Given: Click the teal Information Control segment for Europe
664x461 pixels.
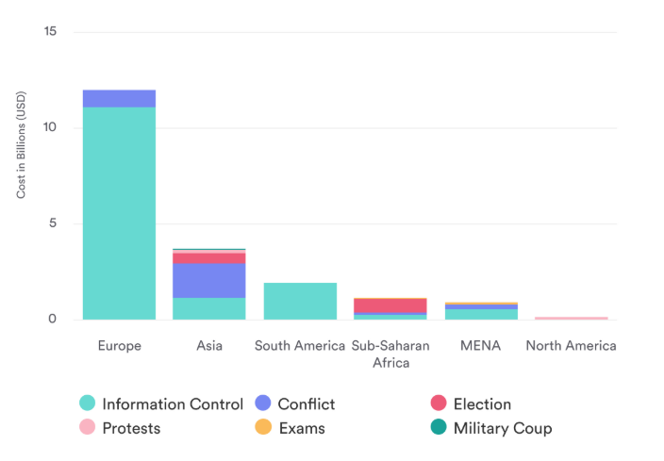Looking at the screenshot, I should click(x=119, y=212).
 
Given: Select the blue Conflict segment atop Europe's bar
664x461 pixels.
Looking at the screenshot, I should click(x=119, y=99).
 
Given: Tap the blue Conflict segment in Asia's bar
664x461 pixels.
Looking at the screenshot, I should click(x=209, y=280).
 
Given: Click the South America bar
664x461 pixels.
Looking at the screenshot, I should click(x=300, y=301).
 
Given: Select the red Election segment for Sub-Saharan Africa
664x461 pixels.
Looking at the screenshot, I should click(x=390, y=306).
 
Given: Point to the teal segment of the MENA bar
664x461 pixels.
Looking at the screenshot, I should click(x=481, y=314).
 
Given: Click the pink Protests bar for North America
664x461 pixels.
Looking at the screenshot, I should click(x=572, y=318).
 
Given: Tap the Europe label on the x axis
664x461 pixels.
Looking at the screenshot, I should click(x=119, y=346).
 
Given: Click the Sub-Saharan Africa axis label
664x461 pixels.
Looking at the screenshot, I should click(x=390, y=354).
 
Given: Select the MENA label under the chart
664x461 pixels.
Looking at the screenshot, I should click(x=481, y=346).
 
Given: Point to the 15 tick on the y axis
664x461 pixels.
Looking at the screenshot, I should click(x=50, y=32).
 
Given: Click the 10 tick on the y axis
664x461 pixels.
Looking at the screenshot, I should click(x=50, y=128).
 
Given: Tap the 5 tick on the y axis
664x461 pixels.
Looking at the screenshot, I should click(x=52, y=223).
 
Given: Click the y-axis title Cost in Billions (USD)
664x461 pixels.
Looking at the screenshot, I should click(x=22, y=144).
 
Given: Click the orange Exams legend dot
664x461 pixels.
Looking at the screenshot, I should click(x=263, y=428).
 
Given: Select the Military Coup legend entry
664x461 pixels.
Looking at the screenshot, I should click(x=502, y=428).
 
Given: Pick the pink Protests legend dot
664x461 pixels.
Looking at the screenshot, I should click(x=88, y=428).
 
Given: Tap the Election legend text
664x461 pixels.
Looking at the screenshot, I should click(x=482, y=404).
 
